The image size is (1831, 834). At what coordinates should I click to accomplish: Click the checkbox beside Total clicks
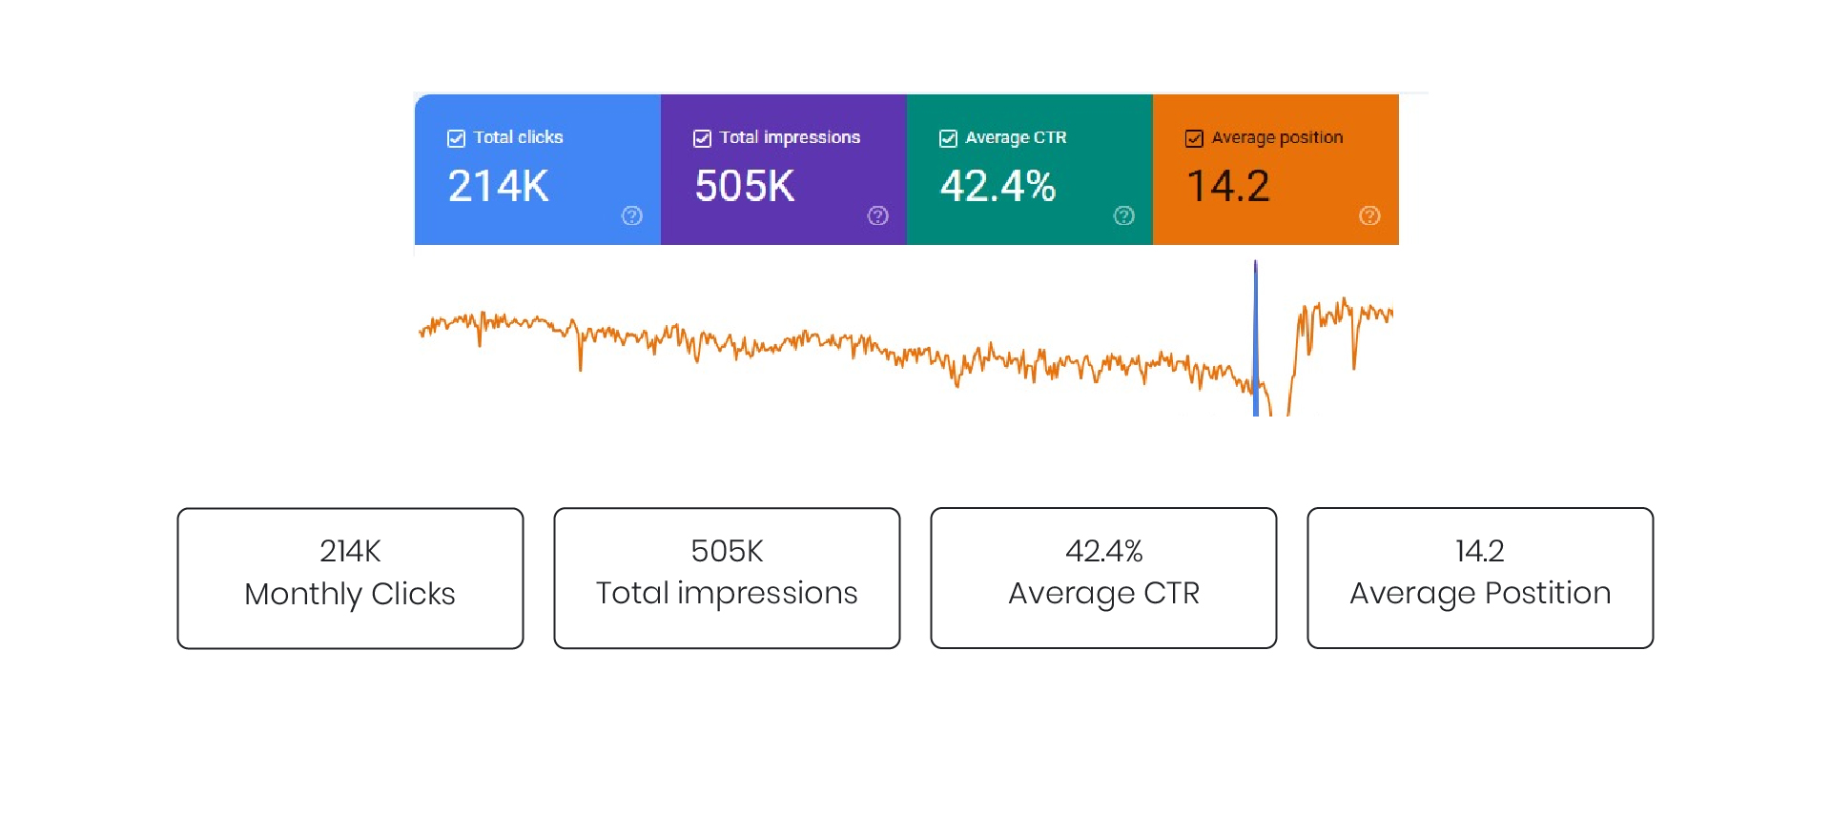click(456, 139)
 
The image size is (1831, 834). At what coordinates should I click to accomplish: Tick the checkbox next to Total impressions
click(702, 139)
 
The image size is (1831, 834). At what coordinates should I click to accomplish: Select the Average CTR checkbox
click(948, 139)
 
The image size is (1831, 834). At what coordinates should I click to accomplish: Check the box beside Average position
click(1194, 139)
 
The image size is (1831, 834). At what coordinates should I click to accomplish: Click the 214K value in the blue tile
click(498, 186)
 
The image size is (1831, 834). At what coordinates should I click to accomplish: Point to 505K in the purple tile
click(744, 186)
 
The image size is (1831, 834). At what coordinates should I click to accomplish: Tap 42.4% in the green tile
click(998, 186)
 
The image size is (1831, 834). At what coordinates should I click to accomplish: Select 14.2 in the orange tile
click(1228, 186)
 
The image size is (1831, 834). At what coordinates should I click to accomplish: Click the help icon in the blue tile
click(632, 215)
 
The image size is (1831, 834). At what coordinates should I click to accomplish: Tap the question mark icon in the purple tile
click(878, 215)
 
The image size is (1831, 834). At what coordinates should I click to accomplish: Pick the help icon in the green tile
click(1124, 215)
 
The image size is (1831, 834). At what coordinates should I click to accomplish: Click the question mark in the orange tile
click(1369, 215)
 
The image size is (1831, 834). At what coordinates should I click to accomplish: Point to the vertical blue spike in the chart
click(1255, 343)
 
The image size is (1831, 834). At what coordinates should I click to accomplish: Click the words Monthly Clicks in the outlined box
click(350, 594)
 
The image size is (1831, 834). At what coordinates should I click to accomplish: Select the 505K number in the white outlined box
click(727, 551)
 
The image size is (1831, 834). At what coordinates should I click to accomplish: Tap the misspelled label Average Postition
click(1480, 593)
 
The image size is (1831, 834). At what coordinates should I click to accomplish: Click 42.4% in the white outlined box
click(1103, 551)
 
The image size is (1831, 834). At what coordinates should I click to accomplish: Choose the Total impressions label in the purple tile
click(790, 137)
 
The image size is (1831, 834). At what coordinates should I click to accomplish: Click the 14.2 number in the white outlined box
click(1480, 551)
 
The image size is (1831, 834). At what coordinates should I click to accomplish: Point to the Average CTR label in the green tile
click(1016, 137)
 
